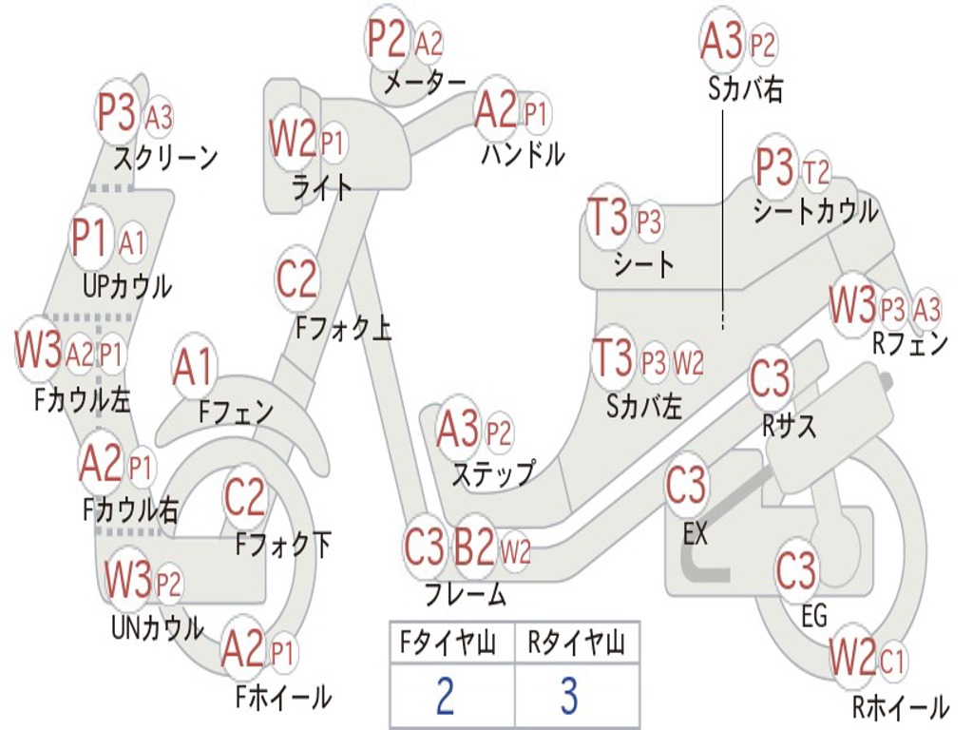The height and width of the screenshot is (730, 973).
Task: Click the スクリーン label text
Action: coord(165,157)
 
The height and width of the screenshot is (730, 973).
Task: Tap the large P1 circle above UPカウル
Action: coord(89,238)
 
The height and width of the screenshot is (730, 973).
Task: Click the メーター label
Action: coord(425,84)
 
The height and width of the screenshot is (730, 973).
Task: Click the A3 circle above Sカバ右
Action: coord(721,41)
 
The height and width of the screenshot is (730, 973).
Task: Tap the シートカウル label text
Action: coord(815,211)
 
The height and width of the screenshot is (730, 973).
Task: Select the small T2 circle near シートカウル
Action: coord(816,172)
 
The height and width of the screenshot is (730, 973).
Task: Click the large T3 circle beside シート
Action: coord(609,220)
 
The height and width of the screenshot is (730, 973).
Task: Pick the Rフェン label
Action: coord(910,344)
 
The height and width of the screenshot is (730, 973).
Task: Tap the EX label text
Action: coord(696,534)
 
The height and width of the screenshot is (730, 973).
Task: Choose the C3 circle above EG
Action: coord(796,569)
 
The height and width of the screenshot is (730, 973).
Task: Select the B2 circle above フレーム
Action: coord(473,547)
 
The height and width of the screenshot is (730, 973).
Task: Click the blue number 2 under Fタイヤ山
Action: coord(444,696)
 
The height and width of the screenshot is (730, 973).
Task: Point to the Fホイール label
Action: coord(283,698)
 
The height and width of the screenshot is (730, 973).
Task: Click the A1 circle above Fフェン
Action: coord(194,367)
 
